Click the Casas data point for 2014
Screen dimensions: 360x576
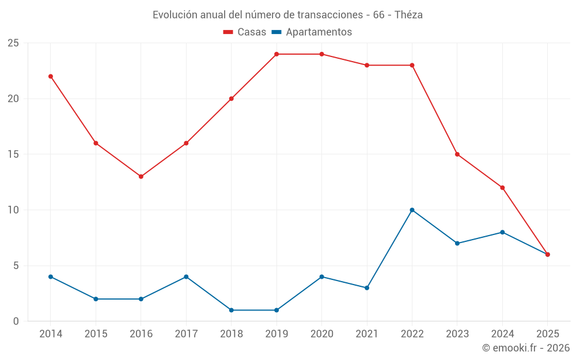(x=51, y=76)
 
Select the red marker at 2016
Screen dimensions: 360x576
(x=141, y=176)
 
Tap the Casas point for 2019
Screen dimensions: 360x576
(x=276, y=54)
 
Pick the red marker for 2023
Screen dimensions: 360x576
(x=457, y=154)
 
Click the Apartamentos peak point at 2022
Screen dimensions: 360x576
(x=412, y=210)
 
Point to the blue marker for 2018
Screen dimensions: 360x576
(x=232, y=310)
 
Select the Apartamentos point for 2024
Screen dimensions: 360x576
(x=502, y=232)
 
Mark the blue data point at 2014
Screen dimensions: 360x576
(x=51, y=276)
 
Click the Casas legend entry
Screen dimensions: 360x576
(x=245, y=32)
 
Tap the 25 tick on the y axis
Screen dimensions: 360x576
(x=13, y=43)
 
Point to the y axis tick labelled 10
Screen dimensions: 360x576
(x=13, y=210)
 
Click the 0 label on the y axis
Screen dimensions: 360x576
(x=16, y=321)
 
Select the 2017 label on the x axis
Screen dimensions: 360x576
(x=186, y=334)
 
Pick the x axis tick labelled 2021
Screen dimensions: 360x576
(x=367, y=334)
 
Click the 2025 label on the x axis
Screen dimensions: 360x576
(x=548, y=334)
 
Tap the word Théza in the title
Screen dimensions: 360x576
(x=408, y=15)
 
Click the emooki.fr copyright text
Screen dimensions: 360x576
(x=526, y=348)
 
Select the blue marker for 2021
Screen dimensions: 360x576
(x=367, y=287)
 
